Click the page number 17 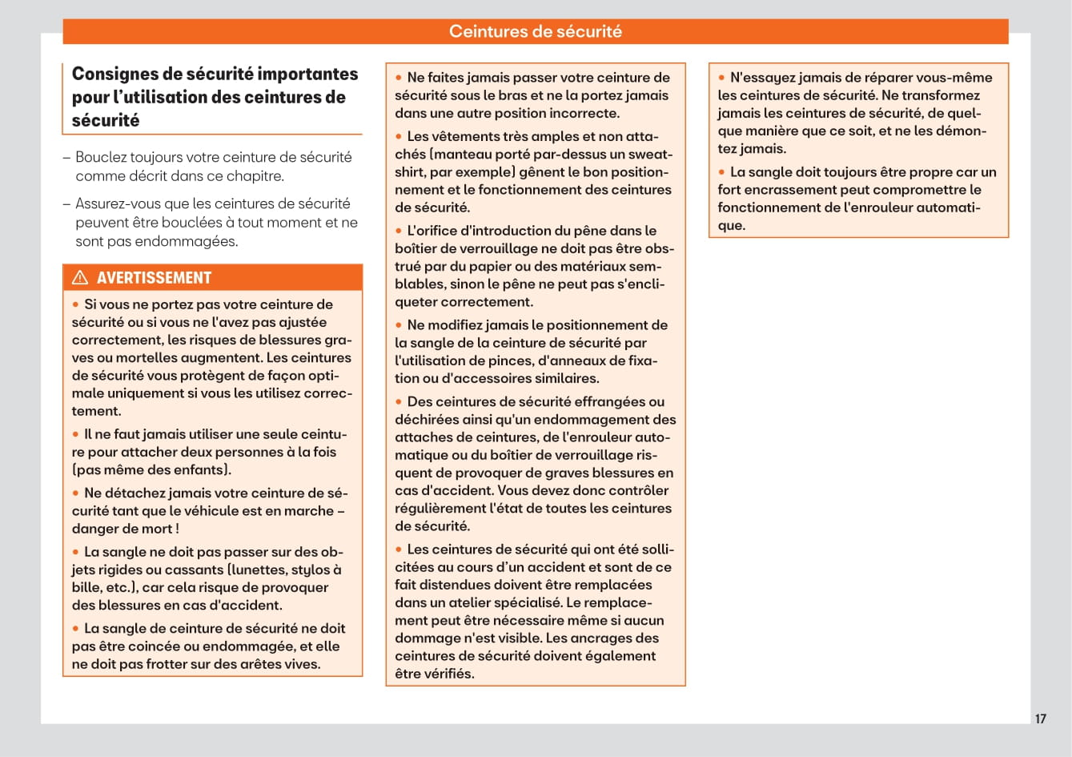point(1040,719)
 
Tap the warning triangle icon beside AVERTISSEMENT point(80,278)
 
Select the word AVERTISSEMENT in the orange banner point(154,278)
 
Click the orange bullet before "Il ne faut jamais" point(76,434)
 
